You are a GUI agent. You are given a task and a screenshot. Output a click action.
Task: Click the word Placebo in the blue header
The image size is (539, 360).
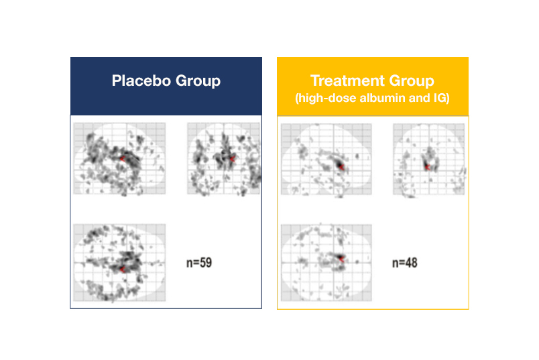[x=141, y=80]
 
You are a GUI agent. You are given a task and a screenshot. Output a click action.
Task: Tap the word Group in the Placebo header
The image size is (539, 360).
[x=198, y=82]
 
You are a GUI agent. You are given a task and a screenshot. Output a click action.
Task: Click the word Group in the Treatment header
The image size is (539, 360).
[x=412, y=82]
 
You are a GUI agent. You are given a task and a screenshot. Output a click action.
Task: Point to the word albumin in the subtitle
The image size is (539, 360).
[x=382, y=98]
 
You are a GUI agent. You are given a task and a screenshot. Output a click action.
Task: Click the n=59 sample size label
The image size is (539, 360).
[x=199, y=263]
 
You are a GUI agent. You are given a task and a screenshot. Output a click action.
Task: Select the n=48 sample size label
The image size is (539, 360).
[x=405, y=263]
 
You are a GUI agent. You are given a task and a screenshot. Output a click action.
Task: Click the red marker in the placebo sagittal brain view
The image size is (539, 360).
[x=123, y=158]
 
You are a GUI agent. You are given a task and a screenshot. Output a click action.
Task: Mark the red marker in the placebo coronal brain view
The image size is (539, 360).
[x=233, y=159]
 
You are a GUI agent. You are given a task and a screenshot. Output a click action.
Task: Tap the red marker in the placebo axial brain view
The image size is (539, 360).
[x=122, y=269]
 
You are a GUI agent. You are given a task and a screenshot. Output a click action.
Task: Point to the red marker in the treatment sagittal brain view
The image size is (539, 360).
[x=341, y=167]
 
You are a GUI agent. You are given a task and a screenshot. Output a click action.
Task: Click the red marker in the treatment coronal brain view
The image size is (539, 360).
[x=427, y=167]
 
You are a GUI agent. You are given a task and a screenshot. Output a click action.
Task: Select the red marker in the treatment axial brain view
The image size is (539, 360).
[x=341, y=259]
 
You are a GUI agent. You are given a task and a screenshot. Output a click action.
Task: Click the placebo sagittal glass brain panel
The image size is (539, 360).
[x=119, y=158]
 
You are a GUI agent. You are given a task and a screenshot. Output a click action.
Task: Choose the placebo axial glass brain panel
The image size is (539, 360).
[x=119, y=263]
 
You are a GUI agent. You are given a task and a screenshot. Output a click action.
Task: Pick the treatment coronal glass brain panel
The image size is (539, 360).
[x=428, y=160]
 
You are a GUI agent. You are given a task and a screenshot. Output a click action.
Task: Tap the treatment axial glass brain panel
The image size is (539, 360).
[x=326, y=263]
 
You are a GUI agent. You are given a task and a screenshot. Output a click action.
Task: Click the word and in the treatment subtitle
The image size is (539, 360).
[x=420, y=98]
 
